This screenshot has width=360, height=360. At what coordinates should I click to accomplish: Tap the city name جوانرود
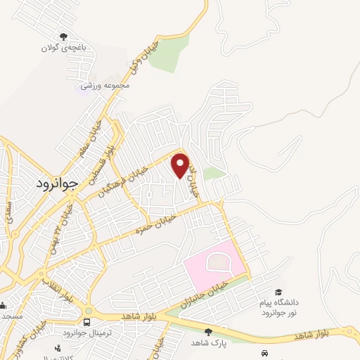pyautogui.click(x=56, y=184)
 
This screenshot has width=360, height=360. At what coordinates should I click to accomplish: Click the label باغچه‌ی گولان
pyautogui.click(x=63, y=49)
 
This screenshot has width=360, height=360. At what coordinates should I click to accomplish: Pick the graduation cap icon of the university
pyautogui.click(x=278, y=292)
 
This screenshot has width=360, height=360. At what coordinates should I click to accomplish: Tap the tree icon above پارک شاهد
pyautogui.click(x=207, y=331)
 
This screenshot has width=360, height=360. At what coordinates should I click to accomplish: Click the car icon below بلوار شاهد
pyautogui.click(x=264, y=352)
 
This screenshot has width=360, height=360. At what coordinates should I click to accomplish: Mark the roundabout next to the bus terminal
pyautogui.click(x=89, y=310)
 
